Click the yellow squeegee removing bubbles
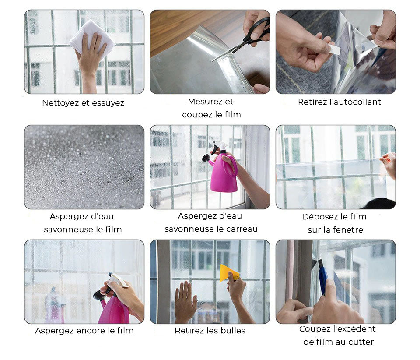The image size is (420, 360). tap(229, 273)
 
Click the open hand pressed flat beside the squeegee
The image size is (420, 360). tap(185, 301)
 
